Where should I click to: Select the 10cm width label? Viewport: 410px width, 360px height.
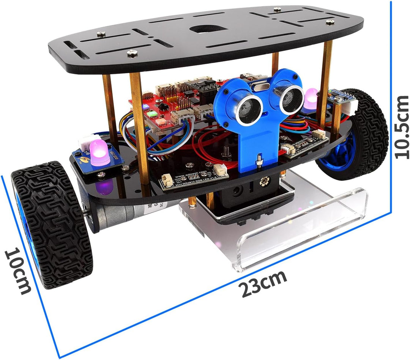18,270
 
